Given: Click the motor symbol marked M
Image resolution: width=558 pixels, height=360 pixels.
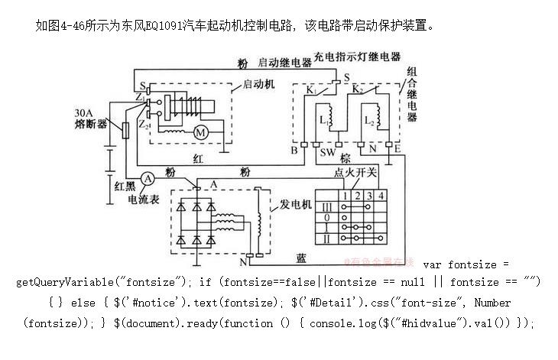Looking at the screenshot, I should pyautogui.click(x=203, y=132).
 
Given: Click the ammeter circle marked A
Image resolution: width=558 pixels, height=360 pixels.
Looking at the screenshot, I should pyautogui.click(x=151, y=177).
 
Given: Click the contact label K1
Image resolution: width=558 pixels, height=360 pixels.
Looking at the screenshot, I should pyautogui.click(x=311, y=89).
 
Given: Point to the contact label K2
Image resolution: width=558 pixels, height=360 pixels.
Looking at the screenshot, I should pyautogui.click(x=356, y=89).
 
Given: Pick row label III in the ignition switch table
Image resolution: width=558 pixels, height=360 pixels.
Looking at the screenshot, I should pyautogui.click(x=327, y=206).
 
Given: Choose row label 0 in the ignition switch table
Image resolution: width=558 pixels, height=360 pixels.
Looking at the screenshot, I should pyautogui.click(x=327, y=216).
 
